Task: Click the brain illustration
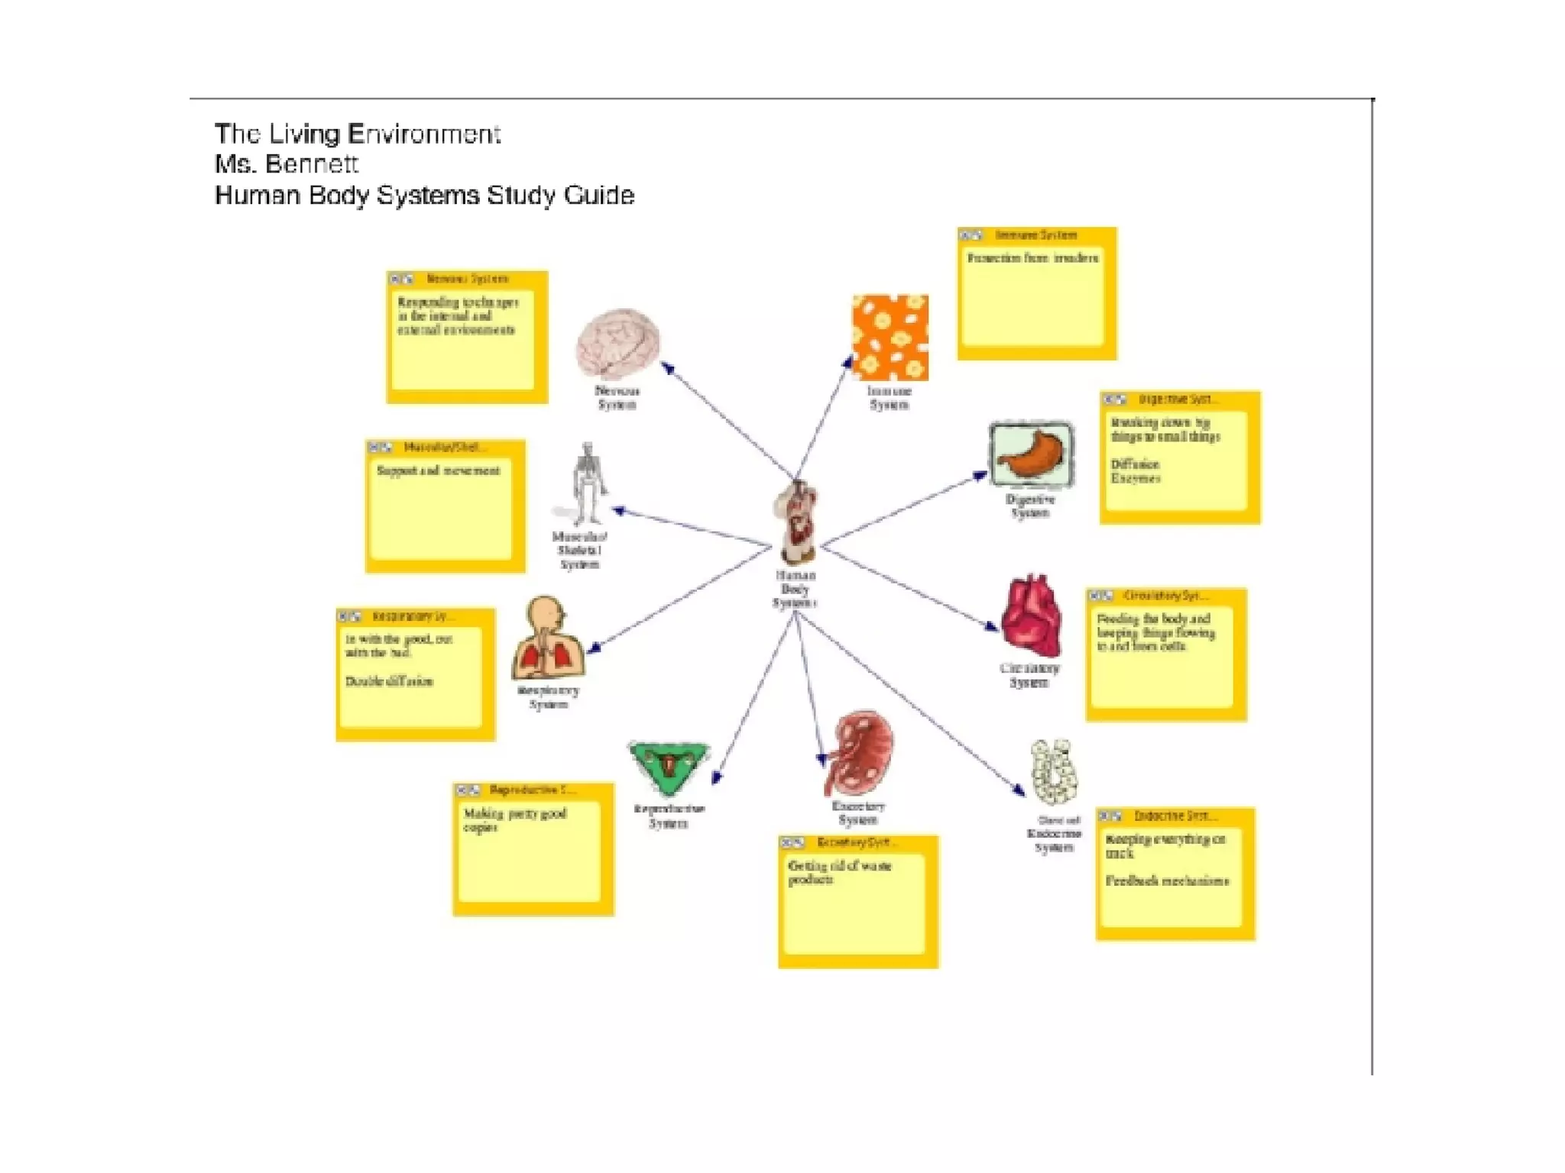pos(617,343)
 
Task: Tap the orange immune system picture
pos(890,338)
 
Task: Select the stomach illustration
pos(1031,454)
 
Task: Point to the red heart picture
pos(1032,616)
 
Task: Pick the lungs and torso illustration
pos(548,639)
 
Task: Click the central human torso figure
pos(797,523)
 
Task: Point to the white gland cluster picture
pos(1055,771)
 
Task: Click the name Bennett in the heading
pos(311,164)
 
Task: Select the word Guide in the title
pos(599,195)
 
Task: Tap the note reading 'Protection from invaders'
pos(1032,258)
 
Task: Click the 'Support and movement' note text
pos(438,470)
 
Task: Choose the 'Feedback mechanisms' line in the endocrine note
pos(1167,881)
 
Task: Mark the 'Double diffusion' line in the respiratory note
pos(389,681)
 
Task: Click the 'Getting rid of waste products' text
pos(839,873)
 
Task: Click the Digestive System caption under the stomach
pos(1030,506)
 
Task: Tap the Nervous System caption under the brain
pos(617,398)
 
